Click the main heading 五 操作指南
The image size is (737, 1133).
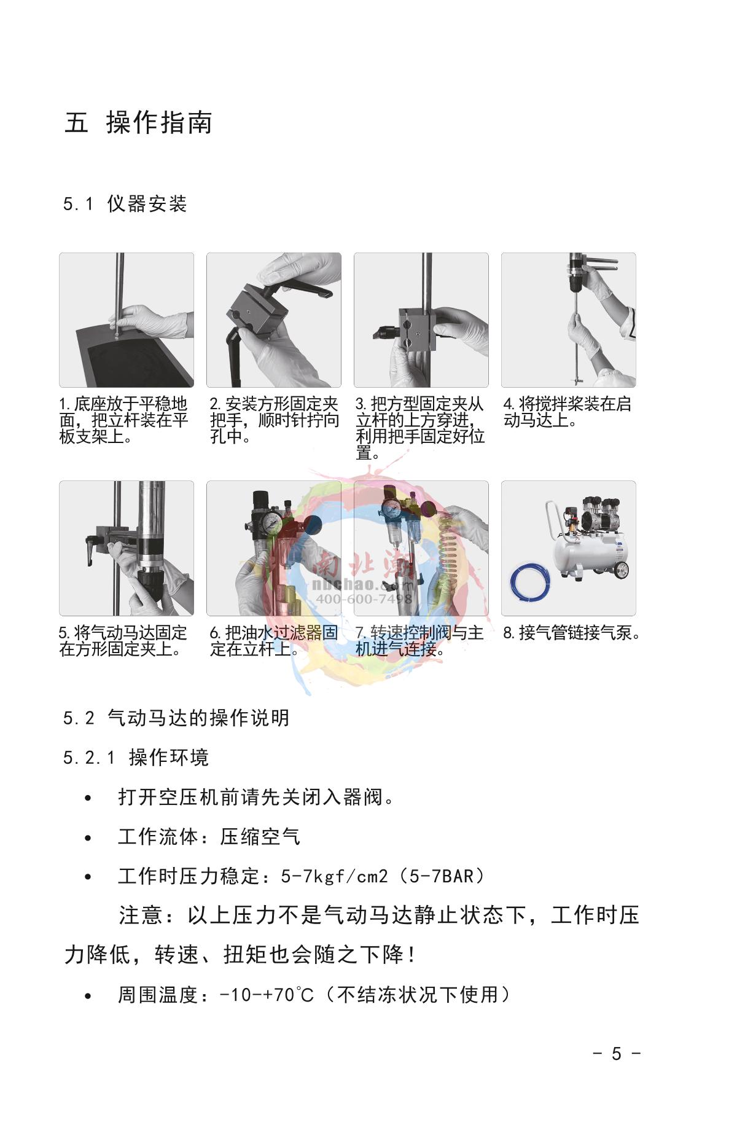(x=139, y=122)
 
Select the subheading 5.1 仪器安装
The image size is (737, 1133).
(x=125, y=203)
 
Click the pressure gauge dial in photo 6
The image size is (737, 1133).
(x=270, y=523)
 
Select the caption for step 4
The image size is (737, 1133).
(x=567, y=412)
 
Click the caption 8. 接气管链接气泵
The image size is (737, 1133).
(x=572, y=633)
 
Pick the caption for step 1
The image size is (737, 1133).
(x=123, y=420)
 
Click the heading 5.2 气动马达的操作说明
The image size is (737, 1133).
(x=176, y=718)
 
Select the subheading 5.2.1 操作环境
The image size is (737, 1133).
(x=136, y=758)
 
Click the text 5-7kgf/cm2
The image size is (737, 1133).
(x=335, y=876)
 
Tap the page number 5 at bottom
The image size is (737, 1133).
(x=617, y=1054)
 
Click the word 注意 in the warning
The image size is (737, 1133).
(x=141, y=915)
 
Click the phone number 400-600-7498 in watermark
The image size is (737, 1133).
(x=364, y=598)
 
